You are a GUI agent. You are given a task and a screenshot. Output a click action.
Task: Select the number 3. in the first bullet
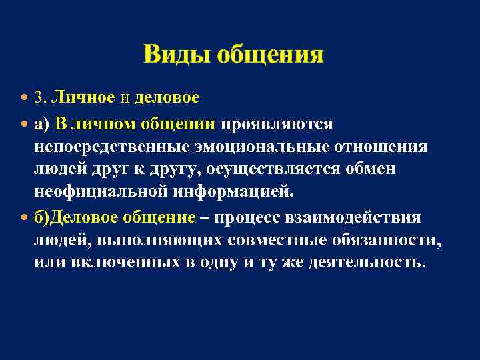[41, 98]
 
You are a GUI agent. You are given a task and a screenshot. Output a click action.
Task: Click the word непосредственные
[109, 147]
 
